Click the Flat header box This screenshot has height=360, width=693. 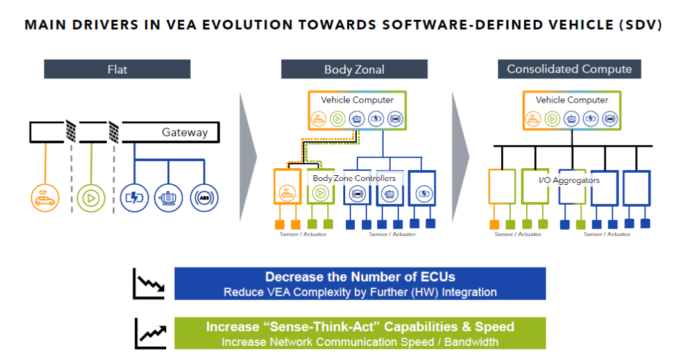[117, 69]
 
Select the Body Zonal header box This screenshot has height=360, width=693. [354, 69]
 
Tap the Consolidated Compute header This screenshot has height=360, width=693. [569, 69]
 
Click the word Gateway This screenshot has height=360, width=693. [185, 132]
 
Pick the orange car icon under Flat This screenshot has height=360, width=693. [45, 198]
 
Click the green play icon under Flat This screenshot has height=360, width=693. [91, 198]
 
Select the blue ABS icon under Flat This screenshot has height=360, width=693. [204, 198]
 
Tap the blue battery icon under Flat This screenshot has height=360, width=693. [134, 198]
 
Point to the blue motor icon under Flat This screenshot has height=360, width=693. [168, 198]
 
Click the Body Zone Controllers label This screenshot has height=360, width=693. [354, 178]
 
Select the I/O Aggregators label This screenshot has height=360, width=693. [569, 180]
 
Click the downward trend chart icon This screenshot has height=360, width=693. [150, 284]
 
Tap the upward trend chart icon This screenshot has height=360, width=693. [151, 334]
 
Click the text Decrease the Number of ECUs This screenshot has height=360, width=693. [360, 277]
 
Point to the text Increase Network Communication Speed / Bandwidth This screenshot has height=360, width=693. [360, 342]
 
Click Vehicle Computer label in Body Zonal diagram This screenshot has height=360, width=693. [357, 100]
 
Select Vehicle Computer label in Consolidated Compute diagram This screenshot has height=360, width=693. [572, 100]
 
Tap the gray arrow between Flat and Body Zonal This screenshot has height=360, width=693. [248, 157]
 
